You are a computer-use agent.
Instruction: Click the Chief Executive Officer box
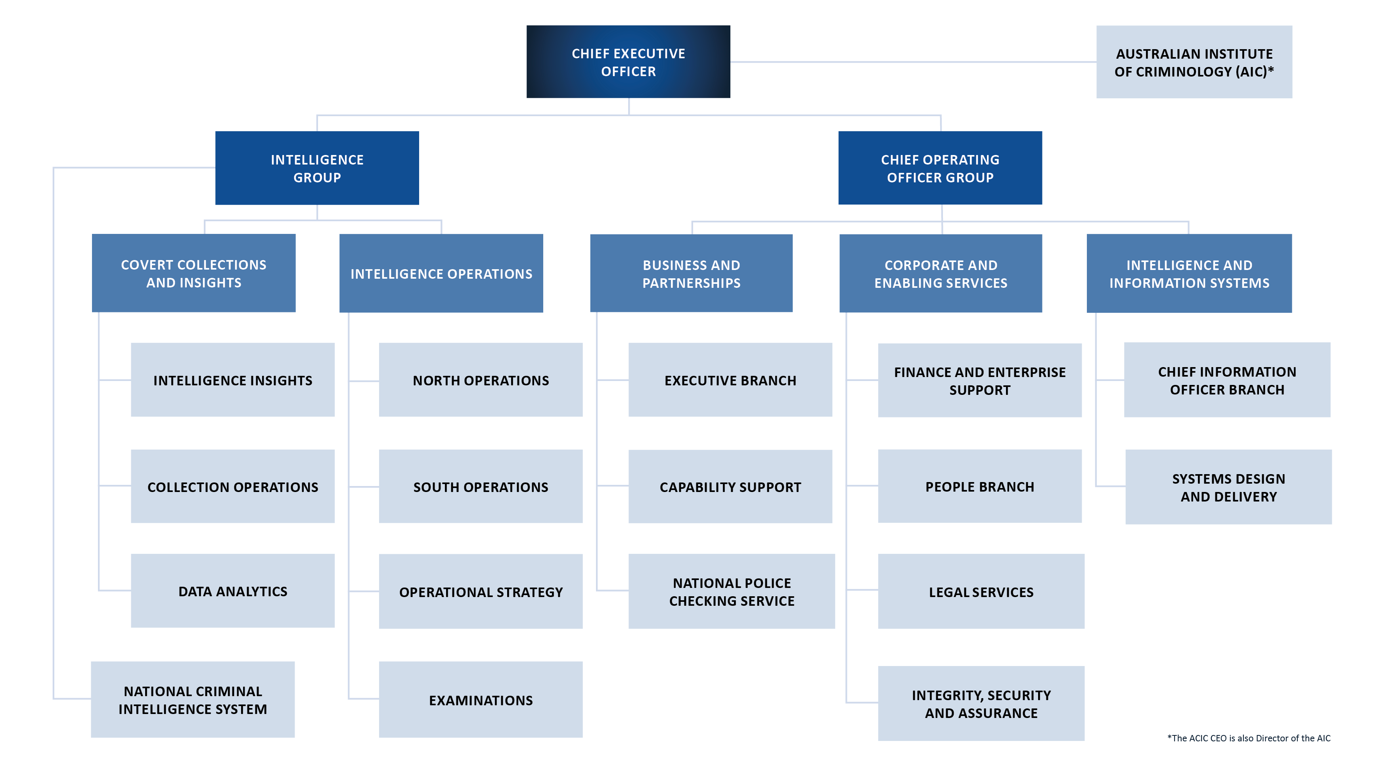pos(628,61)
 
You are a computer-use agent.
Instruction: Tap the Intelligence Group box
pos(317,168)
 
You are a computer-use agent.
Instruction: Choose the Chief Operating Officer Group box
pos(940,168)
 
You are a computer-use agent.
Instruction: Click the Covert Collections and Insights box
pos(194,273)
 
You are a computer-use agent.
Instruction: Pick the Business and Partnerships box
pos(691,273)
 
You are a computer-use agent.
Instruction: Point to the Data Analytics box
pos(232,591)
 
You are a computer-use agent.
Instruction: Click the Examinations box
pos(481,700)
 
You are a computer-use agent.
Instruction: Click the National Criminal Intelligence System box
pos(193,700)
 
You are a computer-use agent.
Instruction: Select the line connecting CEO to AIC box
pos(912,61)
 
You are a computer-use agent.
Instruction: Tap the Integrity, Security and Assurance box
pos(981,703)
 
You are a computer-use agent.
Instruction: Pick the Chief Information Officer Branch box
pos(1227,380)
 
